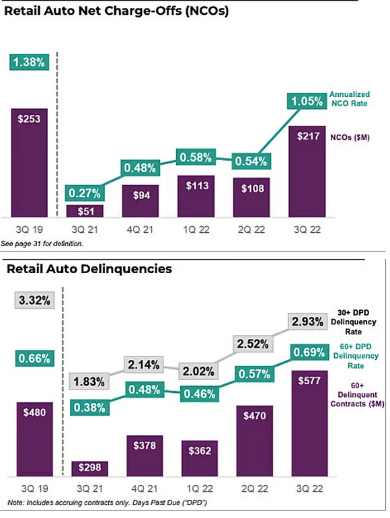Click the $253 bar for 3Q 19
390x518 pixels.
(29, 161)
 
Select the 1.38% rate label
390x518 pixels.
(28, 62)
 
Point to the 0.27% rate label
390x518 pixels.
(85, 194)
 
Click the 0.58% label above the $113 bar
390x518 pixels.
(195, 158)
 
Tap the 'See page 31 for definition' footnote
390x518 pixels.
(46, 243)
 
